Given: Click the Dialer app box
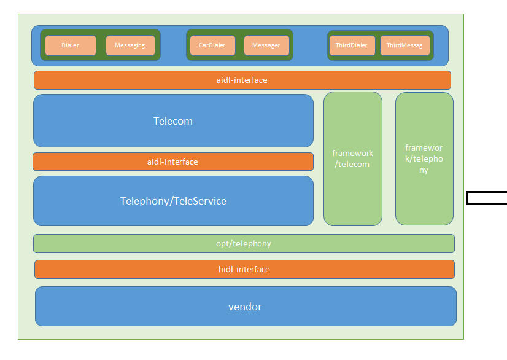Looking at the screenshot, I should (x=70, y=45).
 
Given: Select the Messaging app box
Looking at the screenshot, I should (x=130, y=45).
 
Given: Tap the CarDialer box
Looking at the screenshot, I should (x=212, y=45).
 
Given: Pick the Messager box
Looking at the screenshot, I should (x=266, y=45).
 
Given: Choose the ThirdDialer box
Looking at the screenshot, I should (x=352, y=45).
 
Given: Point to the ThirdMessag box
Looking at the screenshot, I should (x=404, y=45).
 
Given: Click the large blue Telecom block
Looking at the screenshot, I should (x=173, y=121).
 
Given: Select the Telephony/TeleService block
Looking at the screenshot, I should (x=173, y=201).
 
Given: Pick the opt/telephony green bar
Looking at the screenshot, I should (x=244, y=243).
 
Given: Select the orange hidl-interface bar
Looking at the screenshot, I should (x=244, y=269).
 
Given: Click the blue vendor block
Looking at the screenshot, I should (x=245, y=307).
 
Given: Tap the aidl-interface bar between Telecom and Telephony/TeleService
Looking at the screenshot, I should (x=173, y=162).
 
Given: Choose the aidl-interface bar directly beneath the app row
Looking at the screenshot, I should (x=242, y=80).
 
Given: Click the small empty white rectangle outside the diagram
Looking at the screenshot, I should (x=487, y=198).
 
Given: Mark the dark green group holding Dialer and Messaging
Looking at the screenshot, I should (x=100, y=33).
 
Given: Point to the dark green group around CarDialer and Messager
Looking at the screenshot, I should (x=239, y=33).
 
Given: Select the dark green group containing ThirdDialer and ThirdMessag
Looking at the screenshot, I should (x=380, y=33).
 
